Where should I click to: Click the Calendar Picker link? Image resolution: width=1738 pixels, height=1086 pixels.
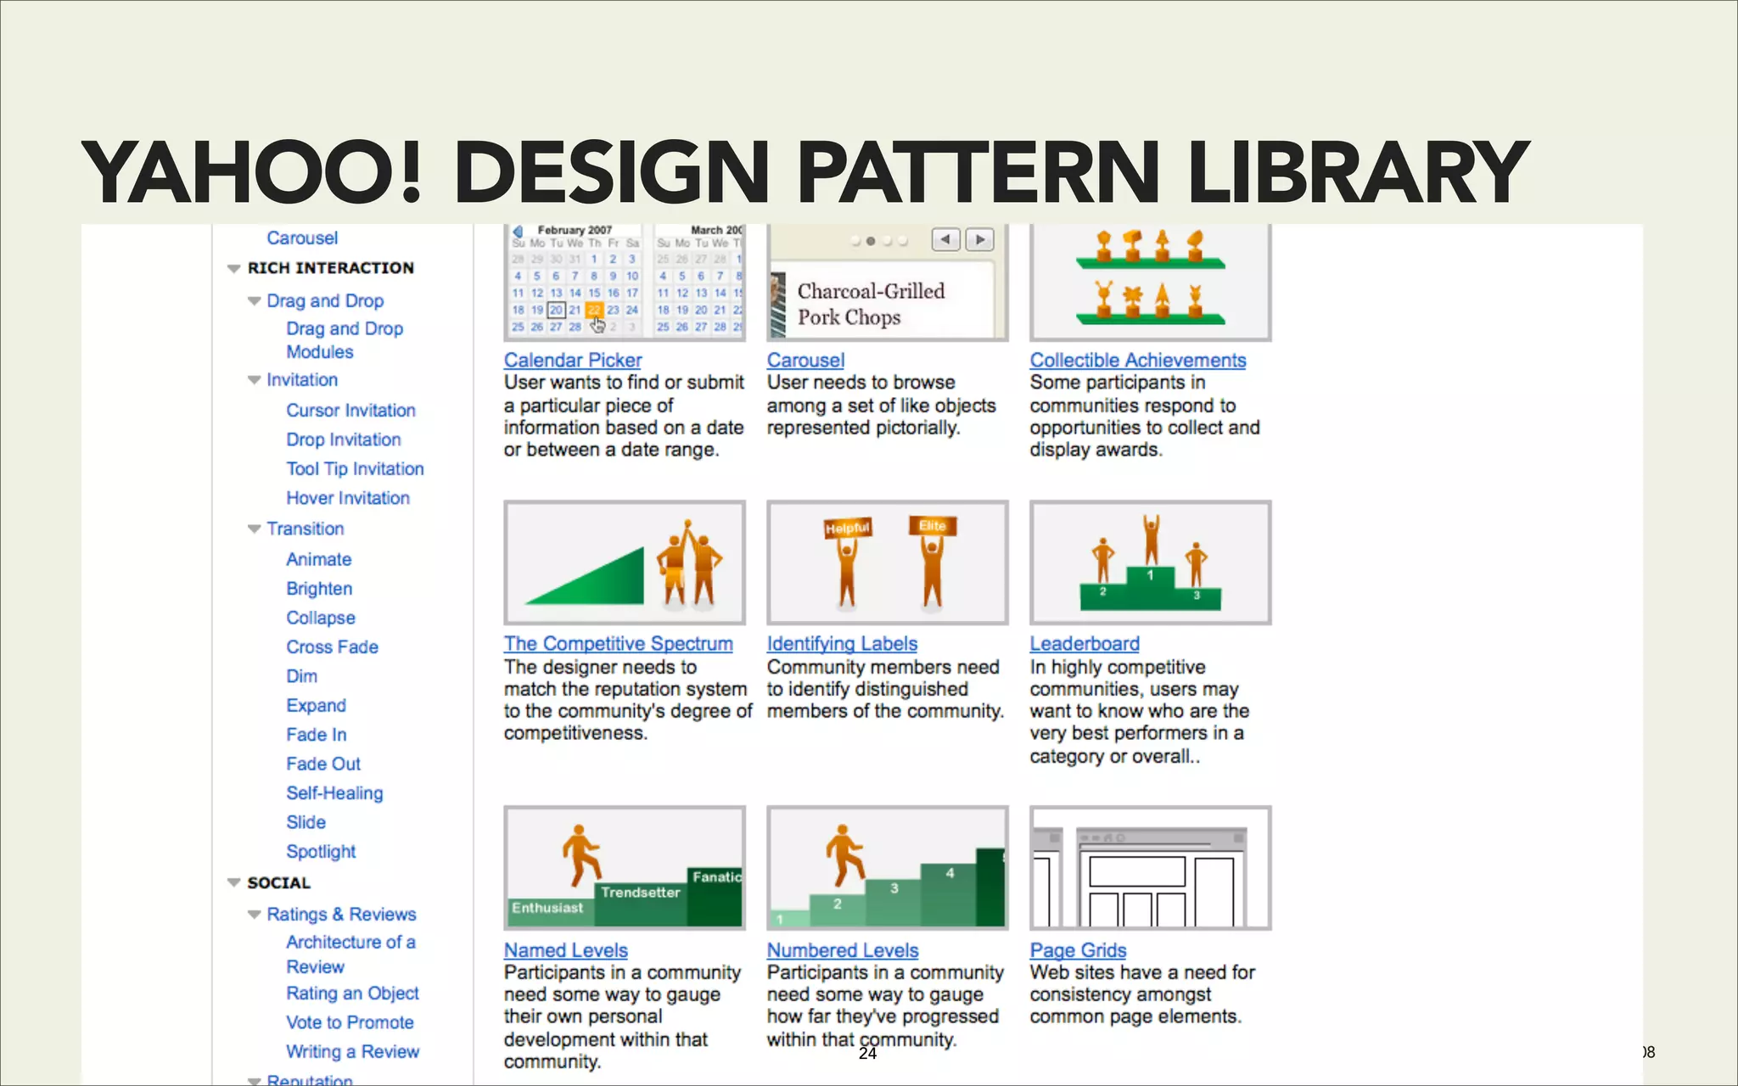(x=573, y=361)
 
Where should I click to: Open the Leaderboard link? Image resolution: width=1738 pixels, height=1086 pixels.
(x=1085, y=644)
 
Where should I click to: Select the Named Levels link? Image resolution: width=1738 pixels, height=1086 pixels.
(x=566, y=951)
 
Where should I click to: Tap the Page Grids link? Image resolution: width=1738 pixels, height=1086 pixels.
(x=1078, y=951)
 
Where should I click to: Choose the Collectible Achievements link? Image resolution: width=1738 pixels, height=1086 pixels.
(x=1138, y=361)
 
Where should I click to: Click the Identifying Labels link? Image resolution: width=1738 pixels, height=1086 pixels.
(x=842, y=644)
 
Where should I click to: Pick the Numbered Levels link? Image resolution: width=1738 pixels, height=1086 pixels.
(x=843, y=951)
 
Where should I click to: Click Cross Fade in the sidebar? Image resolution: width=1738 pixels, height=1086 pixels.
(x=332, y=647)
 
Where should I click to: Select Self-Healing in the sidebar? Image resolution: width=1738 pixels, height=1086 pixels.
(x=334, y=793)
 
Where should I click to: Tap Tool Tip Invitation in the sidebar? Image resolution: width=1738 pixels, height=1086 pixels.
(x=355, y=469)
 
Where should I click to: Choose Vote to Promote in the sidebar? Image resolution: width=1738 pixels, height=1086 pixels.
(x=350, y=1023)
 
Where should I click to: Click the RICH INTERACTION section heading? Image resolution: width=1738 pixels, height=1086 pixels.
(x=331, y=268)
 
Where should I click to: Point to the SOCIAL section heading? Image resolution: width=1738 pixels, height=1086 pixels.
(x=278, y=883)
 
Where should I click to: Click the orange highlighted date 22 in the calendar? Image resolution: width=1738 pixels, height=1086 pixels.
(x=594, y=311)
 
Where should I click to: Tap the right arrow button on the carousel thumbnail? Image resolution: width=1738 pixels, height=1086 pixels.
(x=980, y=240)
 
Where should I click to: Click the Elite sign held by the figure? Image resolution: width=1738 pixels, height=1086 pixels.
(x=933, y=526)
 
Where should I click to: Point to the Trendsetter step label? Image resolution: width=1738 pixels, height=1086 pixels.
(x=641, y=893)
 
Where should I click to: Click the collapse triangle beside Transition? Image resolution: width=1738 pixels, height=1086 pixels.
(x=254, y=529)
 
